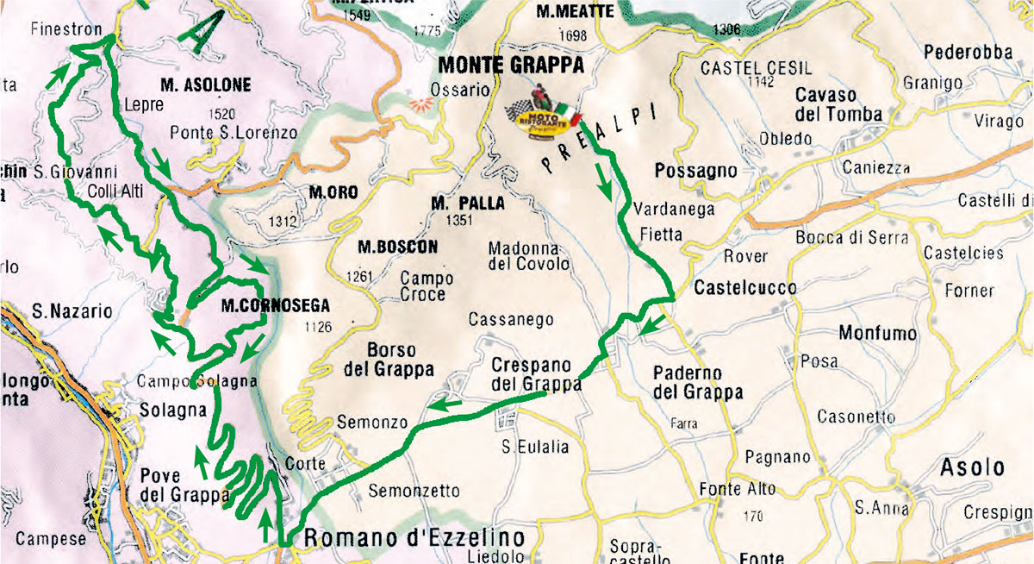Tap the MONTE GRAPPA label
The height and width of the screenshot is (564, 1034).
[x=511, y=65]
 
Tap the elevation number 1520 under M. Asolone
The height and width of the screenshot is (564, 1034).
[x=221, y=113]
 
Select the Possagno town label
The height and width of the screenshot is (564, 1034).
[x=696, y=171]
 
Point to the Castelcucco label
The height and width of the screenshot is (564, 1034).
[x=732, y=287]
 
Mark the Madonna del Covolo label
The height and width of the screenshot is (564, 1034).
[x=529, y=255]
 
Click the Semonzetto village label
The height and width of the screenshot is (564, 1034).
[x=414, y=492]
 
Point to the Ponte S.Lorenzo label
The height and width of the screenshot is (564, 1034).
[x=234, y=133]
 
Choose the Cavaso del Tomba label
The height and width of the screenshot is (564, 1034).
[x=838, y=103]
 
